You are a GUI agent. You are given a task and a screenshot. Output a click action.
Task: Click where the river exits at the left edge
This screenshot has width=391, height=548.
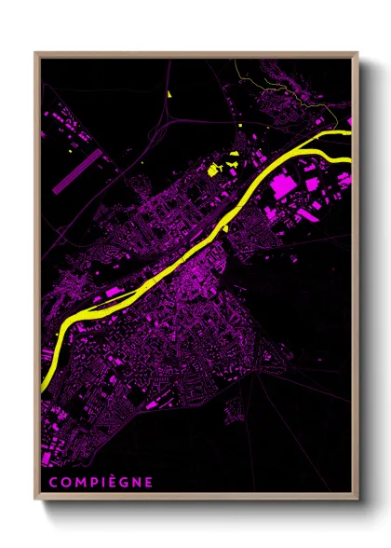pyautogui.click(x=44, y=382)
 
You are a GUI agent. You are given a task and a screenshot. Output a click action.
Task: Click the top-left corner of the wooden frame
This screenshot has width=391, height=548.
pyautogui.click(x=36, y=53)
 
